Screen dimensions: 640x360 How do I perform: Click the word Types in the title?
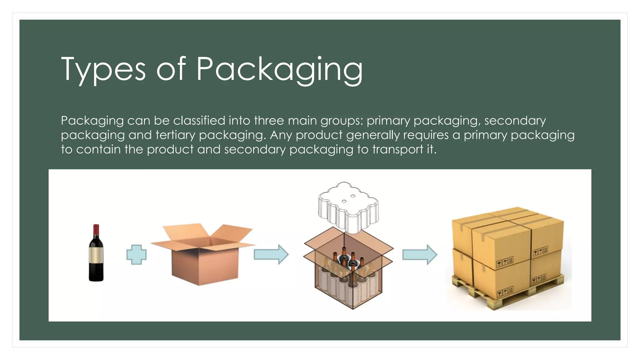point(103,69)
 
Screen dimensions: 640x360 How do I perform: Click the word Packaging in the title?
point(279,69)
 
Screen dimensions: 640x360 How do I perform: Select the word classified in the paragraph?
point(199,121)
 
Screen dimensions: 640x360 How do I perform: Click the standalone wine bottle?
point(96,253)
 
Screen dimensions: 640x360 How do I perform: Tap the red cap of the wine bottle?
point(96,229)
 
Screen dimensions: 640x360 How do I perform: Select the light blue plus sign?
point(136,254)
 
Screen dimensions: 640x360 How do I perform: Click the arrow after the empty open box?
point(271,254)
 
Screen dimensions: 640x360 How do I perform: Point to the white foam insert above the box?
point(348,206)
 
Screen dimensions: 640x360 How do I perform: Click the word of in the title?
point(171,69)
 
